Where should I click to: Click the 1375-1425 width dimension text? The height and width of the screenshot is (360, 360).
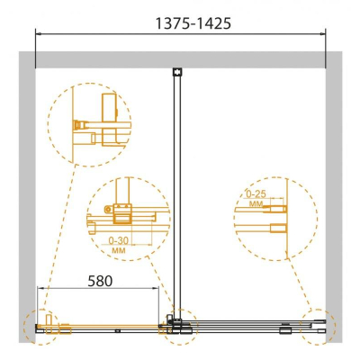pos(193,23)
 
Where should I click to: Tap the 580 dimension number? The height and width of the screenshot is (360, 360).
pos(100,281)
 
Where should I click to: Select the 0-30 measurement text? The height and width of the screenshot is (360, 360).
pos(118,240)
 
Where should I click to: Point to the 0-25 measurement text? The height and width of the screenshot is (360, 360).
pos(256,194)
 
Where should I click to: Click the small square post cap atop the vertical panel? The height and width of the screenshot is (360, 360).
pos(177,72)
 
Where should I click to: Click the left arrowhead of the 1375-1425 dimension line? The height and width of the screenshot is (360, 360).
pos(39,33)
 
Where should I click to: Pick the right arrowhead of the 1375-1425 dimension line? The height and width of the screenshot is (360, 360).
pos(323,33)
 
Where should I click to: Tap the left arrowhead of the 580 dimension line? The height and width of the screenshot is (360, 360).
pos(40,288)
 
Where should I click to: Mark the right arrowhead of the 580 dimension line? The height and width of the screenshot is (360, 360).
pos(156,288)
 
